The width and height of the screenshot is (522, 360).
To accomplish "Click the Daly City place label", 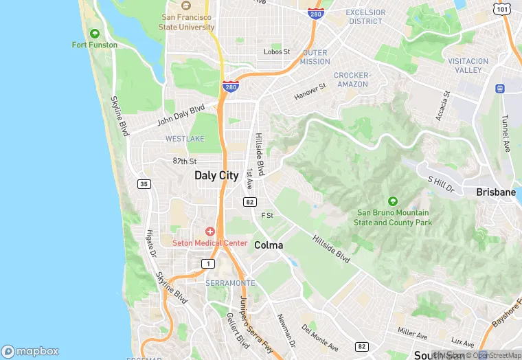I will pyautogui.click(x=216, y=175).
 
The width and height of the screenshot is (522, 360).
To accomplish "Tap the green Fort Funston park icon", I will pyautogui.click(x=95, y=33).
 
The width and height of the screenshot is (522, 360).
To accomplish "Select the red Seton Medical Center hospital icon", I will pyautogui.click(x=209, y=232).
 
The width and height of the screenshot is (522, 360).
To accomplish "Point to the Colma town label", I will pyautogui.click(x=269, y=245).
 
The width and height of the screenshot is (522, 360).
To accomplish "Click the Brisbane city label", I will pyautogui.click(x=495, y=192).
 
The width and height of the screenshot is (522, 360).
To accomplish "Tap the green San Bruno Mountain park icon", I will pyautogui.click(x=392, y=201).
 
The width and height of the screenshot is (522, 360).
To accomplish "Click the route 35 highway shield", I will pyautogui.click(x=144, y=183).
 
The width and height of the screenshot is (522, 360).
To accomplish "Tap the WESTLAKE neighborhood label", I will pyautogui.click(x=185, y=139).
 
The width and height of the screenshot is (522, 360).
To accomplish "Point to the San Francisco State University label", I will pyautogui.click(x=188, y=22).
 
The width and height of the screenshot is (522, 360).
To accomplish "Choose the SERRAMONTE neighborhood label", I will pyautogui.click(x=230, y=283).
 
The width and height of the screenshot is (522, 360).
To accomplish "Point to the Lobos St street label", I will pyautogui.click(x=277, y=52).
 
